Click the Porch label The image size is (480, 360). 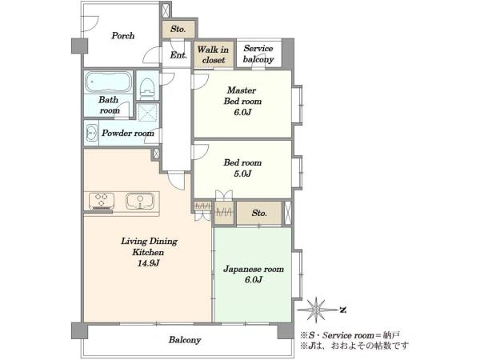[x=122, y=36]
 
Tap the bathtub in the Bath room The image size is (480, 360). [x=108, y=82]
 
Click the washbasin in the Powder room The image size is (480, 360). [x=91, y=133]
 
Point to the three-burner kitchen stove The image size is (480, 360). [x=102, y=201]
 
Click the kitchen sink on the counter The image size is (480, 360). [x=140, y=201]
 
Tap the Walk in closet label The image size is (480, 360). [x=214, y=54]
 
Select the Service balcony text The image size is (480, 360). [x=258, y=54]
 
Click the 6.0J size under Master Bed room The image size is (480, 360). [x=242, y=112]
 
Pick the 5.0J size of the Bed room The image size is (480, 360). [x=242, y=174]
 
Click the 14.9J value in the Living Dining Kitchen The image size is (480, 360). [x=148, y=263]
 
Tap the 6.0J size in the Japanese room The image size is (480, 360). [x=254, y=280]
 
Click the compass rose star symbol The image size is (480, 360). [x=316, y=310]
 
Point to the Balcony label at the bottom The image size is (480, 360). [x=185, y=340]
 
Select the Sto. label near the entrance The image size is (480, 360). [x=178, y=29]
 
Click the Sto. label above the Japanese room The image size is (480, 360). [x=259, y=213]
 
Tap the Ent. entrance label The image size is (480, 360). [x=178, y=55]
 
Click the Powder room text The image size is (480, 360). [x=128, y=133]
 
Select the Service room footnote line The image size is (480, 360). [x=350, y=335]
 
